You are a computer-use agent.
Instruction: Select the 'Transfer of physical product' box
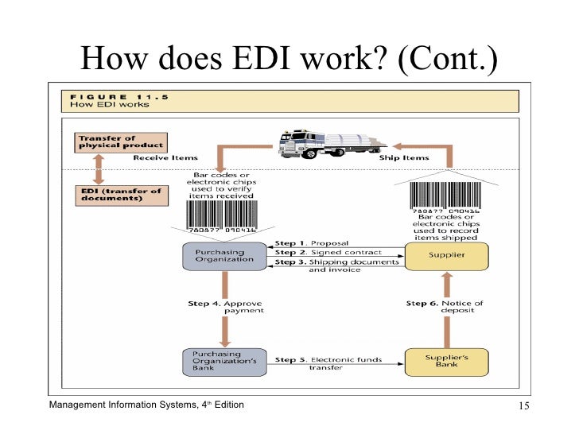[x=120, y=141]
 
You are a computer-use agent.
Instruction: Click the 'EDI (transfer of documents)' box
[x=120, y=194]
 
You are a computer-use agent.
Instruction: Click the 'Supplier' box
[x=446, y=255]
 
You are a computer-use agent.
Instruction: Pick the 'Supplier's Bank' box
[x=446, y=362]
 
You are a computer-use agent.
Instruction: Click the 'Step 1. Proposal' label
[x=311, y=243]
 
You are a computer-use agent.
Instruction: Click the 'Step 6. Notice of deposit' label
[x=445, y=307]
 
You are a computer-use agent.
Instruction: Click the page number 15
[x=523, y=408]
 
